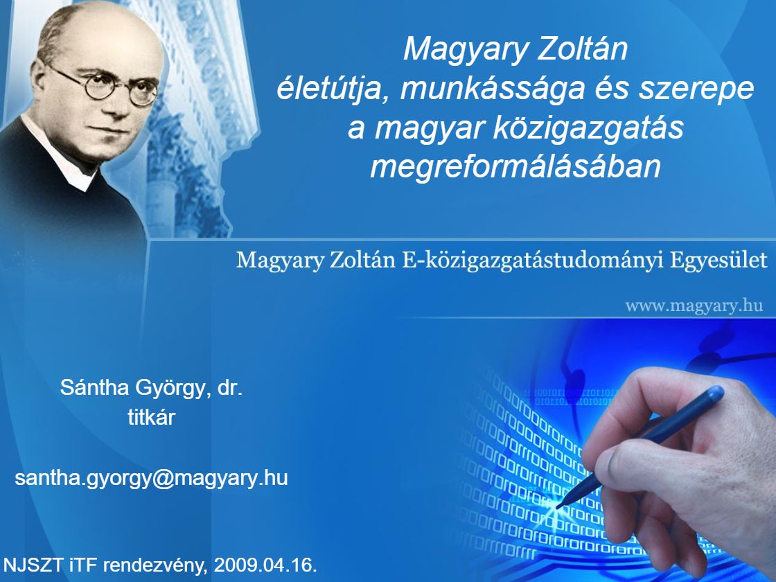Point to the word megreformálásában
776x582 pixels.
point(515,166)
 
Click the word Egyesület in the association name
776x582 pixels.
point(718,261)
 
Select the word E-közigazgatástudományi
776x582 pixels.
point(533,261)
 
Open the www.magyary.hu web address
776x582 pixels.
point(694,306)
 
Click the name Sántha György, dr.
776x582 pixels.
point(152,387)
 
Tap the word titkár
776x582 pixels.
point(152,417)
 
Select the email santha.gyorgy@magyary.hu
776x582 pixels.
point(152,479)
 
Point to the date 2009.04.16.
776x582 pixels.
point(265,565)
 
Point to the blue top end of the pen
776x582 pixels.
point(716,394)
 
